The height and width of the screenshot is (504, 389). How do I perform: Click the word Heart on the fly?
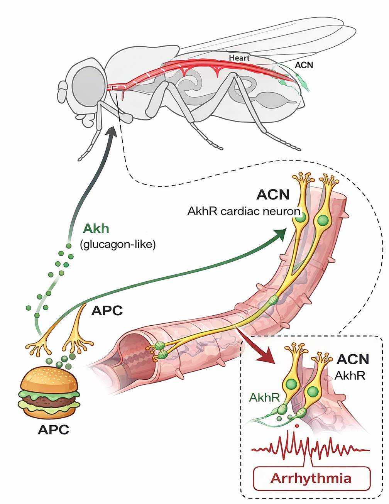pos(239,58)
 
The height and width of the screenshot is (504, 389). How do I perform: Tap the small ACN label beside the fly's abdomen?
pos(304,65)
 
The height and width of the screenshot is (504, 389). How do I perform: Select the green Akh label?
pos(96,229)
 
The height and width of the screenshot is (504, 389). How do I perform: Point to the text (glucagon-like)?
pos(118,244)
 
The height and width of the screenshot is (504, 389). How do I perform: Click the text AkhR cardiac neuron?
pos(244,211)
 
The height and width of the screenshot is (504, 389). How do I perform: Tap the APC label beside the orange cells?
pos(107,311)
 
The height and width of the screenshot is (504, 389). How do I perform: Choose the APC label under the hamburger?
pos(53,430)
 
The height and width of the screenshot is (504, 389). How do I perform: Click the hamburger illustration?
pos(49,392)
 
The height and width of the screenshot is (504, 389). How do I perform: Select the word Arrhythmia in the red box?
pos(311,478)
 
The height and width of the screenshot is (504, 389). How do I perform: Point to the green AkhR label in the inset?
pos(264,397)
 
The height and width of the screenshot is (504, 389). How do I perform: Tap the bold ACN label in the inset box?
pos(353,359)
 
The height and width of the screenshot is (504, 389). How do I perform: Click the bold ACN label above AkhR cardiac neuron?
pos(273,194)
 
